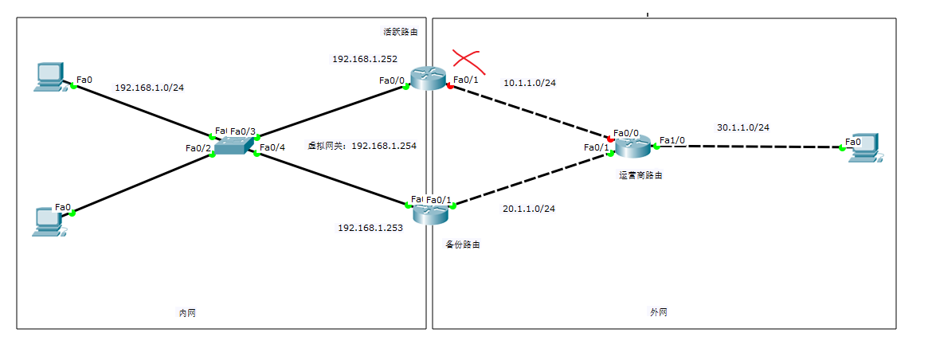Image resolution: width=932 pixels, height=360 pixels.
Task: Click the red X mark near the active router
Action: (x=468, y=59)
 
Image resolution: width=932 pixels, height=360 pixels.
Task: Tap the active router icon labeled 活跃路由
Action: (x=428, y=77)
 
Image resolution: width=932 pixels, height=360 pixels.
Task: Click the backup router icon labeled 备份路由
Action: (x=431, y=213)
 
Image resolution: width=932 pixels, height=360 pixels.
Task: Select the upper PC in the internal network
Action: (x=49, y=77)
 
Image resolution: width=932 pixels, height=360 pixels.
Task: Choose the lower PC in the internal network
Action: (x=50, y=221)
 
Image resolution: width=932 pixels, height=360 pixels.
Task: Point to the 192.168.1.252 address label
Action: (x=365, y=59)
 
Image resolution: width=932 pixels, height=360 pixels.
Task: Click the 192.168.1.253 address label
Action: (x=370, y=228)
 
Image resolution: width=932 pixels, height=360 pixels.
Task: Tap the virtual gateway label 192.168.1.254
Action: (x=362, y=146)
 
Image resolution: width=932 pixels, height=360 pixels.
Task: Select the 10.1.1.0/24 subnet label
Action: (x=529, y=82)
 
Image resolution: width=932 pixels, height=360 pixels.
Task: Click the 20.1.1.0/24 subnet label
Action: (x=528, y=209)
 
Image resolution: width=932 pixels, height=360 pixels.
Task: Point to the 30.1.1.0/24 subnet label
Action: (x=743, y=127)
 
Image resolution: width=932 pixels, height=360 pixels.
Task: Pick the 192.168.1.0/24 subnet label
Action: (x=150, y=88)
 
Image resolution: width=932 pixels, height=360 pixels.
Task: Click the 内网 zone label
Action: (x=187, y=313)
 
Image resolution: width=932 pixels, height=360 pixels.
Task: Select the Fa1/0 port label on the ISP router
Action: (x=672, y=140)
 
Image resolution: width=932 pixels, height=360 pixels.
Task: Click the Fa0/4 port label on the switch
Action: (x=273, y=147)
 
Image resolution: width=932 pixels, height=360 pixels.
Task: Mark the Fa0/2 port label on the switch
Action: (x=198, y=148)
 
